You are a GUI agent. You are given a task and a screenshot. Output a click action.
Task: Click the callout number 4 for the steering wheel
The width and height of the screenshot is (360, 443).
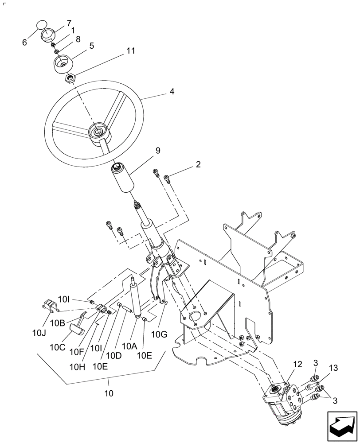172,92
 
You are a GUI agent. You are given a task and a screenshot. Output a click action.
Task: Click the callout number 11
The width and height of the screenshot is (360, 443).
130,51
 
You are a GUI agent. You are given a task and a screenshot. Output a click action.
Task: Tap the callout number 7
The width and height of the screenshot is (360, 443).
69,23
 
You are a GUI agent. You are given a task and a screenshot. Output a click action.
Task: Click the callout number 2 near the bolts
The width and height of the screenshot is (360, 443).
198,164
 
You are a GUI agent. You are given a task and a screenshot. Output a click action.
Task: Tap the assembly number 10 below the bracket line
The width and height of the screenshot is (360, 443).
109,393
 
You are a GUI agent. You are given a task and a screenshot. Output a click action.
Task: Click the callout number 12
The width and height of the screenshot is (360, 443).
297,364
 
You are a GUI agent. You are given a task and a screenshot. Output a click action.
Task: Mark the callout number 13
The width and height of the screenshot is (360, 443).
333,368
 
